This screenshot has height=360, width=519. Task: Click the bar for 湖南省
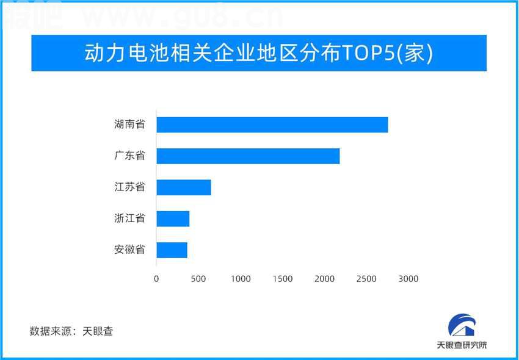coord(272,124)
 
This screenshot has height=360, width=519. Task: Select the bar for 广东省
coord(248,156)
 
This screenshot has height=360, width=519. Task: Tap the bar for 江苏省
coord(184,187)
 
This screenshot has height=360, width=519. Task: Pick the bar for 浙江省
coord(173,218)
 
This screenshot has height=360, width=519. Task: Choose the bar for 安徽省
coord(172,250)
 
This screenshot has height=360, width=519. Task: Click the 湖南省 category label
coord(129,124)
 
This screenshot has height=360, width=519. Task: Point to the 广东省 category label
coord(129,156)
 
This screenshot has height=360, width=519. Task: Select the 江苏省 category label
coord(129,187)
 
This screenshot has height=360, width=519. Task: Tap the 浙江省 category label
coord(129,218)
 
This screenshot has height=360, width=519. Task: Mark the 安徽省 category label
coord(129,250)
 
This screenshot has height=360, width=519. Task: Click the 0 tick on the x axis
coord(156,279)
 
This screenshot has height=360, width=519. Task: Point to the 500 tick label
coord(198,279)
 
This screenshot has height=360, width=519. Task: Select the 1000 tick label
coord(241,279)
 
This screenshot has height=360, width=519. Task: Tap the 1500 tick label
coord(283,279)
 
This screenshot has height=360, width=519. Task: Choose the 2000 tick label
coord(324,279)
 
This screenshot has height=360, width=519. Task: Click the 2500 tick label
coord(366,279)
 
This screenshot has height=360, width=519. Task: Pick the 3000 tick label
coord(408,279)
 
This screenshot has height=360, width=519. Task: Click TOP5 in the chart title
coord(368,53)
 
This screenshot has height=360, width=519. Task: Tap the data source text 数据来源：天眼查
coord(71,331)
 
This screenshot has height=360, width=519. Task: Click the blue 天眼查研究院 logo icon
coord(462,326)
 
